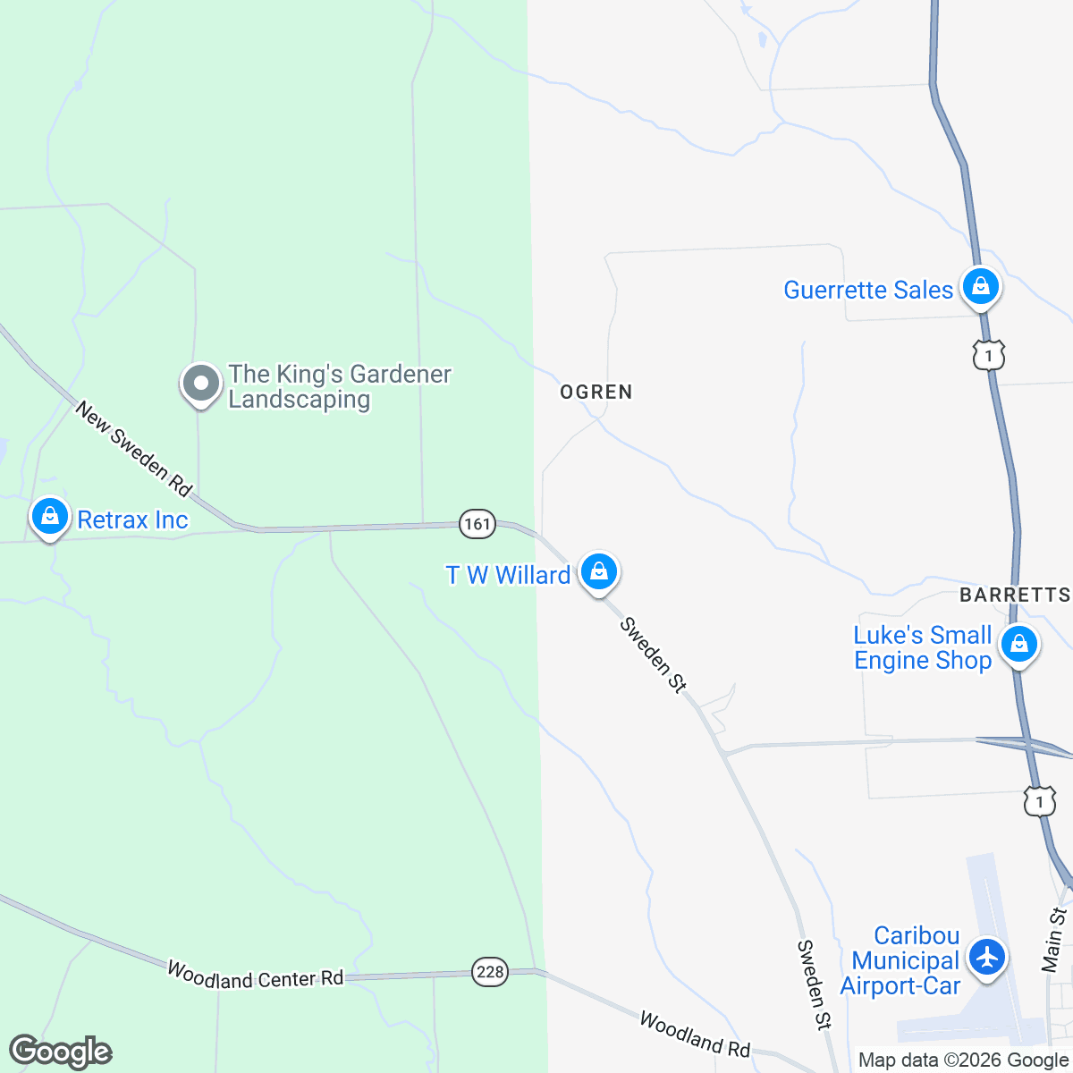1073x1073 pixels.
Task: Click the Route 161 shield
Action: [x=477, y=523]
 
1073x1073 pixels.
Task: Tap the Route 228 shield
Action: [x=490, y=972]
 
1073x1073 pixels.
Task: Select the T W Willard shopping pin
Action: [x=599, y=570]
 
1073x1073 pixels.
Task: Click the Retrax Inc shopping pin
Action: [x=50, y=517]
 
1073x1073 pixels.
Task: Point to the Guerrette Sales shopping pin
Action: [x=981, y=287]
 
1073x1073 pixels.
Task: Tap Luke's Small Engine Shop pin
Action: [x=1018, y=644]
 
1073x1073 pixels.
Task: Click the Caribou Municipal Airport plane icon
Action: [x=987, y=957]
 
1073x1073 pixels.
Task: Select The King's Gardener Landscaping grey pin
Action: [x=201, y=384]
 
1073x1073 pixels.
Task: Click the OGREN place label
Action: [x=596, y=392]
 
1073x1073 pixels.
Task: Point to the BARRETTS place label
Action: [x=1014, y=596]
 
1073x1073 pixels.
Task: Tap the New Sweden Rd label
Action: [x=133, y=449]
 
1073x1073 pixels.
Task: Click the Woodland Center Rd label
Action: [x=255, y=976]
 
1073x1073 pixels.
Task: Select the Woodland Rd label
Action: [x=694, y=1033]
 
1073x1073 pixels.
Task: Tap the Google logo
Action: [x=60, y=1052]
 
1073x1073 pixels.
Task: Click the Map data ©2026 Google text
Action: [x=963, y=1060]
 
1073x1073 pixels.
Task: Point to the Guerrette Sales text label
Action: [x=868, y=290]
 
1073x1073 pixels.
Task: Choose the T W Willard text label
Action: [x=508, y=575]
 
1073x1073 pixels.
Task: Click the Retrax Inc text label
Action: [x=132, y=520]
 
